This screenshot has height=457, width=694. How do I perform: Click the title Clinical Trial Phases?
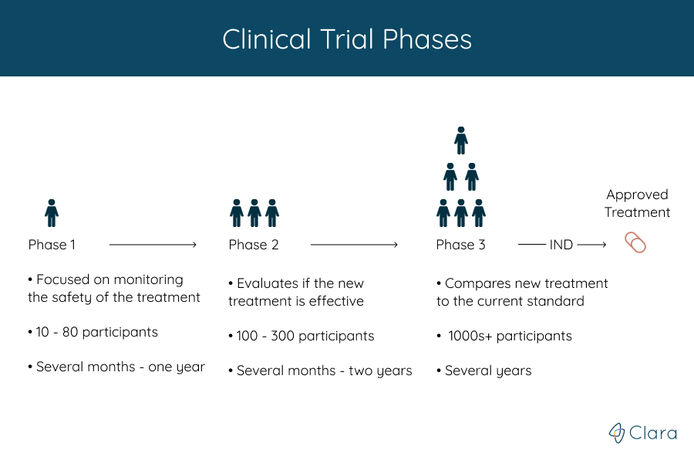347,39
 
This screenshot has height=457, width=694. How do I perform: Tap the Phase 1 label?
52,245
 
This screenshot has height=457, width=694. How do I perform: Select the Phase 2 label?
254,245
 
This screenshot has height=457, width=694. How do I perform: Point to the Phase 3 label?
460,245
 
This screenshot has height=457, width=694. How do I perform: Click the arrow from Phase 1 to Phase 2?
153,245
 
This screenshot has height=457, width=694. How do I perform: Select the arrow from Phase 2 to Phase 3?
353,245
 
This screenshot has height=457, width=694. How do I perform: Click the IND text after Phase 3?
561,245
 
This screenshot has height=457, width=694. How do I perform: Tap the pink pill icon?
635,243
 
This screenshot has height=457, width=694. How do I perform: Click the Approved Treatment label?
637,204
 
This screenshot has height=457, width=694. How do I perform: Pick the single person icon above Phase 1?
52,212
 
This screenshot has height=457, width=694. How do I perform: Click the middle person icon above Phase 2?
254,212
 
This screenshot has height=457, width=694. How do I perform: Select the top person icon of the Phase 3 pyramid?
461,140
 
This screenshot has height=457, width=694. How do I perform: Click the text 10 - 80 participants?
96,332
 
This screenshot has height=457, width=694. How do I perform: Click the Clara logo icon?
616,433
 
